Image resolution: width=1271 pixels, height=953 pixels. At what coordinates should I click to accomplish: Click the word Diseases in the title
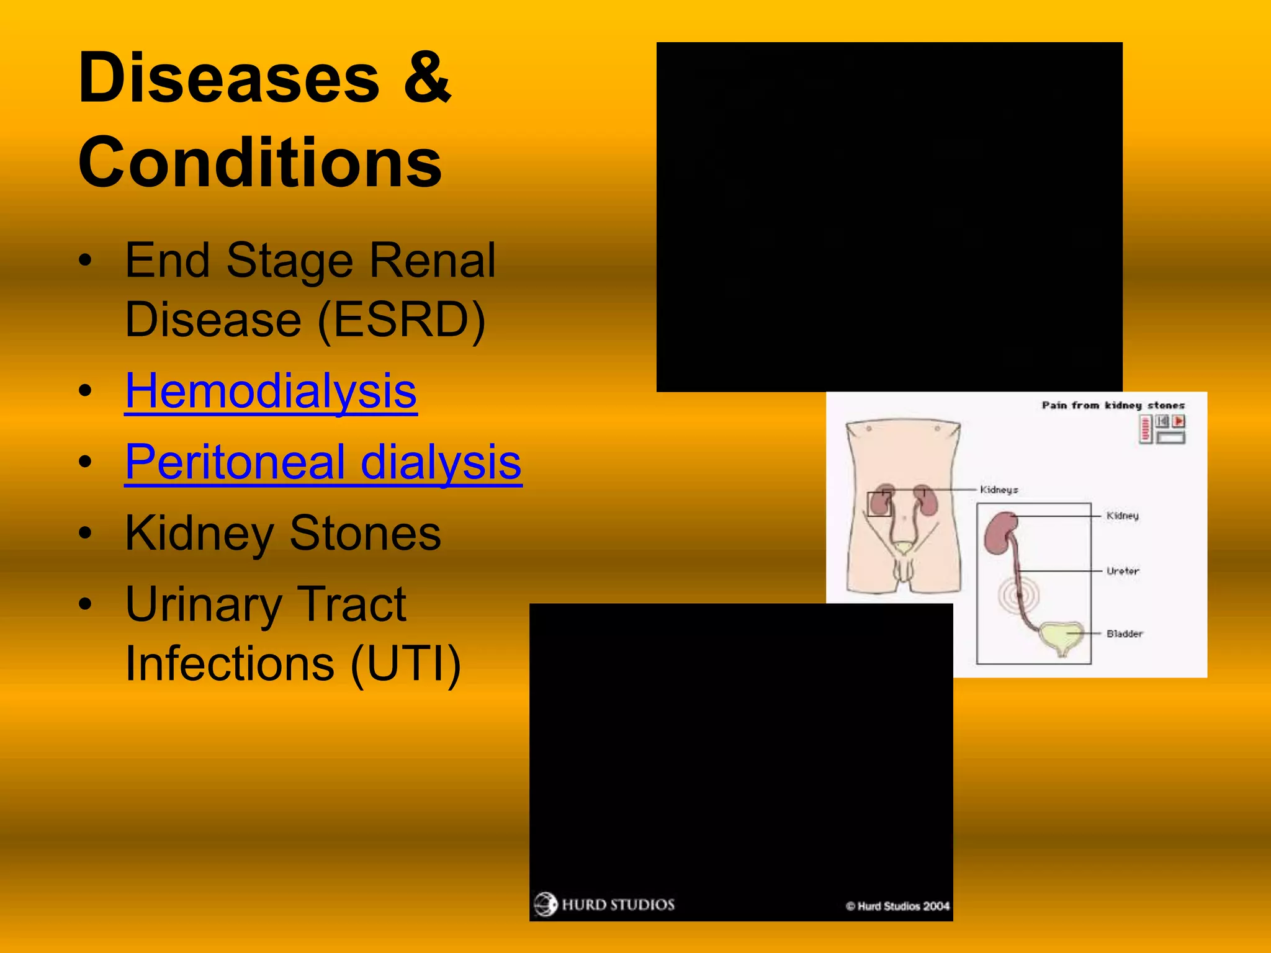click(x=228, y=79)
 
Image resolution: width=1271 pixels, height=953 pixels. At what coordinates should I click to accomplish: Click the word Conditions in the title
click(x=259, y=163)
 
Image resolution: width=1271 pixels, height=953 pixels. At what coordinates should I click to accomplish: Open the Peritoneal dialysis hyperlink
click(x=323, y=463)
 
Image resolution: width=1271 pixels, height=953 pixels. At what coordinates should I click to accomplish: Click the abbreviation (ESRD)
click(x=401, y=320)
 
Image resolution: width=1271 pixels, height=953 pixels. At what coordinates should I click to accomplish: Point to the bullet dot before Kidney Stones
click(x=86, y=534)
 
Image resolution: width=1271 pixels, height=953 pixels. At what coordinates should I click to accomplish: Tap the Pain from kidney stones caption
click(x=1113, y=405)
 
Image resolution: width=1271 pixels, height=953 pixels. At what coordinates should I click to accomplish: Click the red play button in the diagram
click(x=1179, y=421)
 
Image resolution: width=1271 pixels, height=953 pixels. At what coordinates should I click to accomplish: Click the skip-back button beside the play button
click(x=1162, y=421)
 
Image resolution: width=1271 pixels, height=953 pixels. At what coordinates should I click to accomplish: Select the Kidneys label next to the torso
click(x=999, y=490)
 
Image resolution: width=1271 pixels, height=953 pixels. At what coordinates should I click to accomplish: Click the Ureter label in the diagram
click(x=1123, y=571)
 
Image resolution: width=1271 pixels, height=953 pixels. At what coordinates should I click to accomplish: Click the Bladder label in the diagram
click(x=1124, y=633)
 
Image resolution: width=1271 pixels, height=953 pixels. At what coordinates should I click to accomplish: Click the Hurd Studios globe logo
click(x=546, y=904)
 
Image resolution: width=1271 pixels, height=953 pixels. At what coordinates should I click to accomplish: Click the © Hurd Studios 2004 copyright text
click(x=897, y=906)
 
